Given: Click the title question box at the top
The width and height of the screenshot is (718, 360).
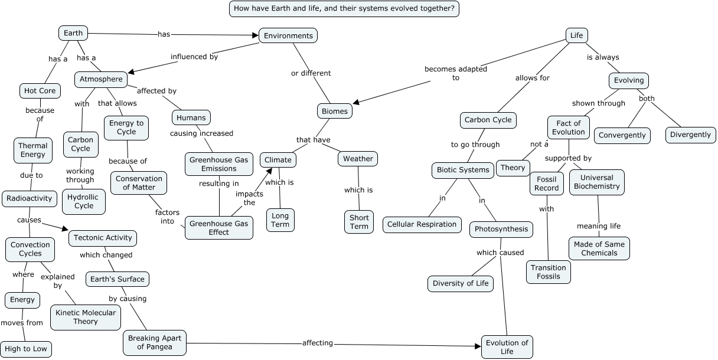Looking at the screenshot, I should click(x=344, y=9).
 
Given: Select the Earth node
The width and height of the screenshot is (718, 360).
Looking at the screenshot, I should click(x=73, y=33).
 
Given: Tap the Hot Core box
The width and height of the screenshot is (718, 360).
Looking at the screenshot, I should click(x=40, y=90).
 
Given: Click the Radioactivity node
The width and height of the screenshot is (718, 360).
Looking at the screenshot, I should click(x=30, y=198).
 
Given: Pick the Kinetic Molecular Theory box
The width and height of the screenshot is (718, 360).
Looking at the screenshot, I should click(x=86, y=317).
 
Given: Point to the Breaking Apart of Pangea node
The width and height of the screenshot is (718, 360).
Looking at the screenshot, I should click(x=155, y=342).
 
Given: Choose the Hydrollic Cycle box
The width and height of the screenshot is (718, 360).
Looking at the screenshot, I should click(x=84, y=201).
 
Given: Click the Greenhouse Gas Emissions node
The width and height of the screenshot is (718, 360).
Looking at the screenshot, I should click(x=219, y=164).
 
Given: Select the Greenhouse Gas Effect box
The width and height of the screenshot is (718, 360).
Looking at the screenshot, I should click(x=218, y=227).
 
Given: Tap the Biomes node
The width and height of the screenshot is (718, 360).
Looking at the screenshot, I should click(x=335, y=111).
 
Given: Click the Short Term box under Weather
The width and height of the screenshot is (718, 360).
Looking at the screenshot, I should click(x=358, y=222).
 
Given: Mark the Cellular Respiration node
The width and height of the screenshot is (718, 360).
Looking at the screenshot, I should click(x=422, y=224).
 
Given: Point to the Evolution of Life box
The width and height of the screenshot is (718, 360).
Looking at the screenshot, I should click(x=507, y=347).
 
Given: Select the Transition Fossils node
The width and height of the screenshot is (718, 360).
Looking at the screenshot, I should click(x=548, y=272).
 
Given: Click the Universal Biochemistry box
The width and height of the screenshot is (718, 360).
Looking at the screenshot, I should click(x=596, y=182).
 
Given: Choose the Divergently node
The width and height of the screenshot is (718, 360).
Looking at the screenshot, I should click(x=690, y=135).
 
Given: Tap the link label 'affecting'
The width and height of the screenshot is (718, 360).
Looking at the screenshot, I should click(x=318, y=343).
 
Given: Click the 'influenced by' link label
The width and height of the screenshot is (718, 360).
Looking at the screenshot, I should click(x=194, y=57).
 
